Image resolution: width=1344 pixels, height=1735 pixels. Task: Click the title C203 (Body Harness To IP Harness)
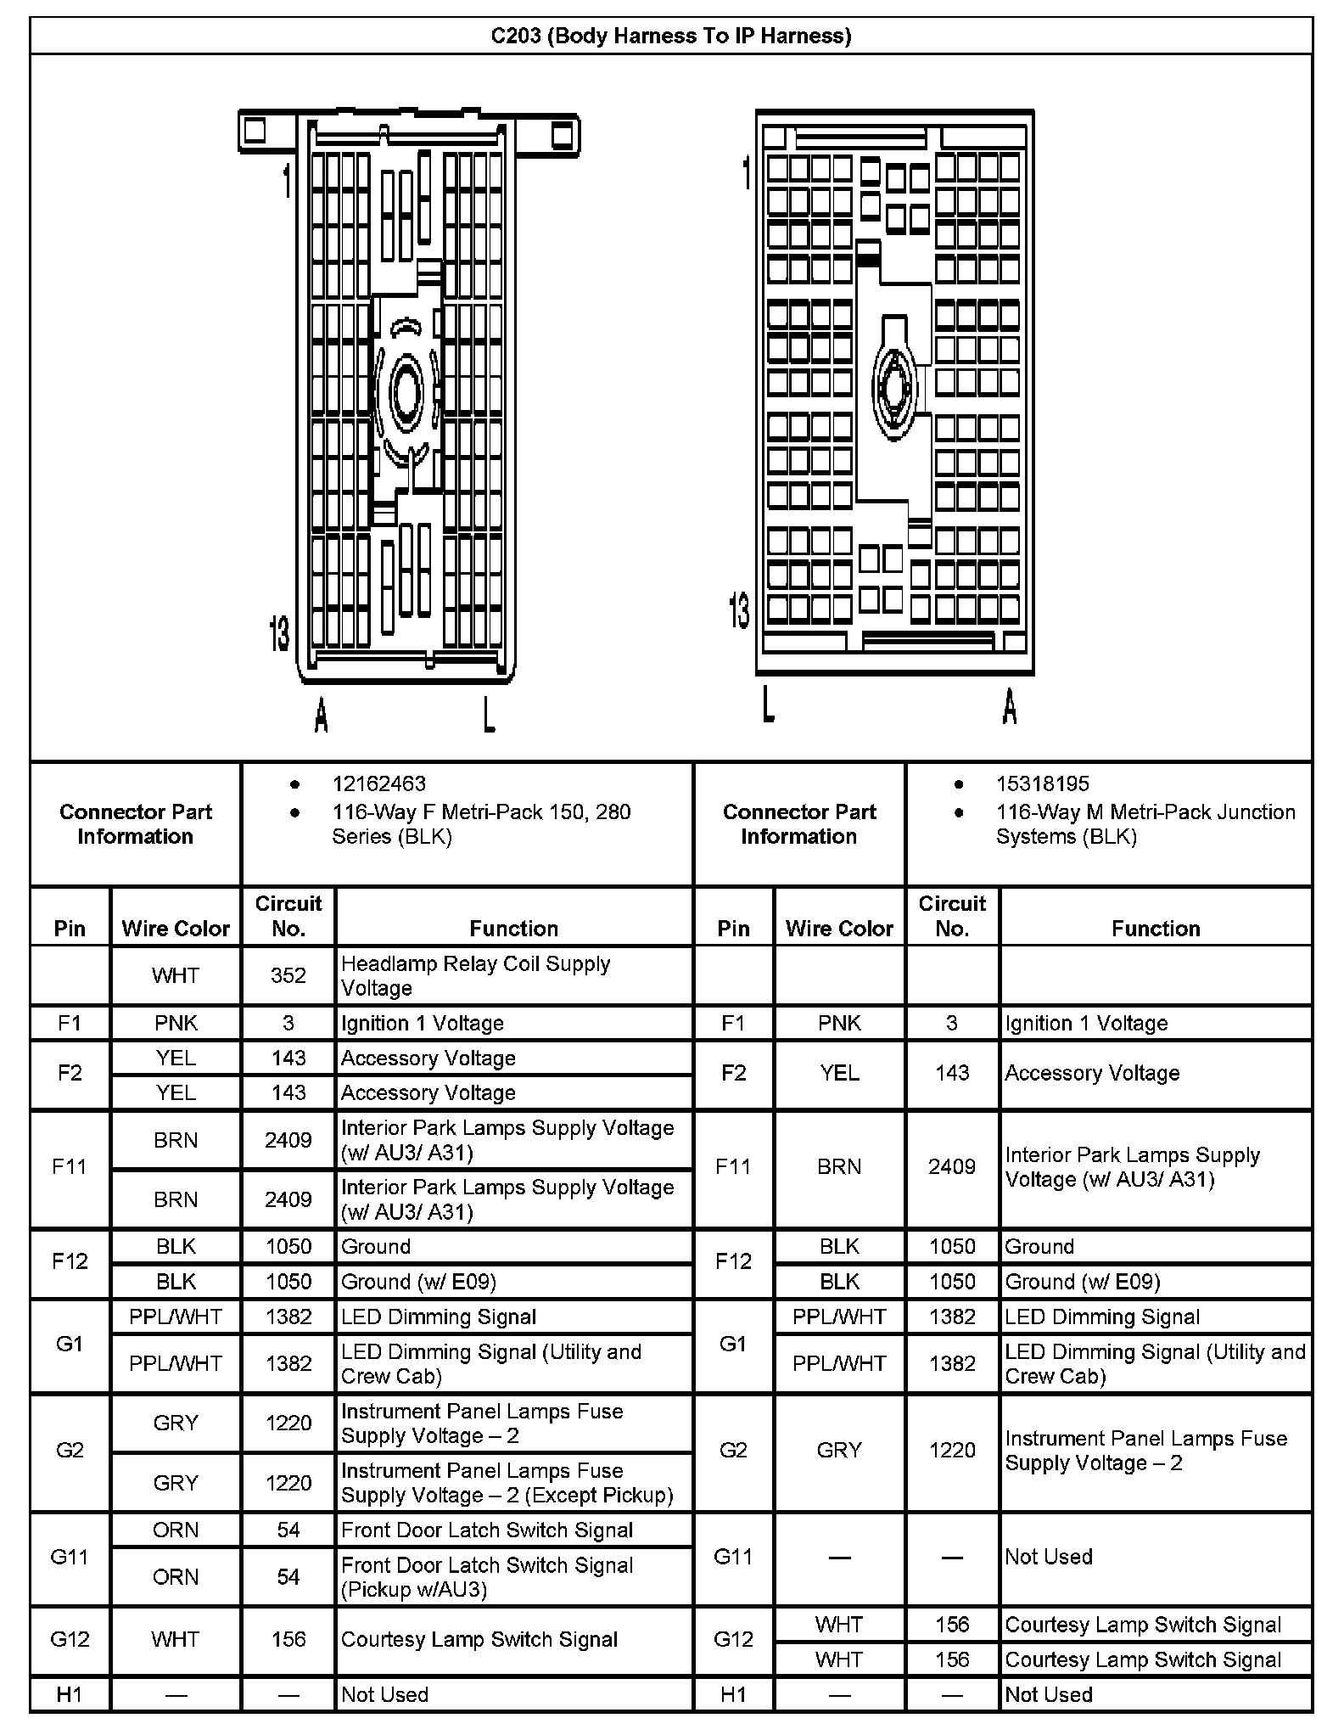670,36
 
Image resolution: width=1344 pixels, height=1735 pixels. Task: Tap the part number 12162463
378,783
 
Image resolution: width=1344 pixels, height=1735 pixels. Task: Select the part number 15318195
1042,783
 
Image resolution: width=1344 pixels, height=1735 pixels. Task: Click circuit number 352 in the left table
288,975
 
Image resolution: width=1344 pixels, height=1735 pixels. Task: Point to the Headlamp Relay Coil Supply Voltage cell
475,975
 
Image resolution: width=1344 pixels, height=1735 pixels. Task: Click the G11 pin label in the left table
70,1557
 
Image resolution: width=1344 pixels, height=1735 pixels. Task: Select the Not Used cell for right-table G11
1048,1557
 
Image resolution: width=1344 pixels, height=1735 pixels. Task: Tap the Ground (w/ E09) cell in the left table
418,1281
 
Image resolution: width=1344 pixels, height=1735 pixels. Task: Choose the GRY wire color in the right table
839,1450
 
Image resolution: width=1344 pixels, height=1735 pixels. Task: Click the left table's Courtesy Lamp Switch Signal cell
479,1639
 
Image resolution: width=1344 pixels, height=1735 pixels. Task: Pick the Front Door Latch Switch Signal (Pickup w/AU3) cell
487,1576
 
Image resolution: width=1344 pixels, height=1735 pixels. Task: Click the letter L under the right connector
768,705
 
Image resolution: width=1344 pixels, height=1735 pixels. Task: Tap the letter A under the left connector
321,715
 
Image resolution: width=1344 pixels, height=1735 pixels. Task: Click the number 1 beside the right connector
746,172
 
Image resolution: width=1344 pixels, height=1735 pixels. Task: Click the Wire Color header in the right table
839,928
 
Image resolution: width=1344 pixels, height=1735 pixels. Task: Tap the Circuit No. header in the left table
288,915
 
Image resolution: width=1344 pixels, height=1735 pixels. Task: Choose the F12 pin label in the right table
733,1261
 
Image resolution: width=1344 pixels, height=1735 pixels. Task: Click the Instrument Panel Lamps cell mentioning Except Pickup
507,1482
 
